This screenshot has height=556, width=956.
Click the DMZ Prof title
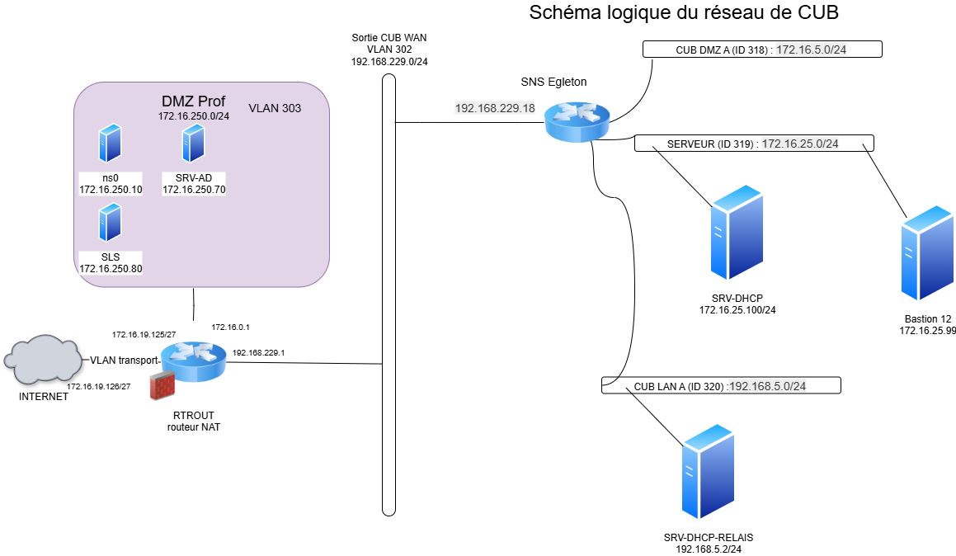pyautogui.click(x=193, y=101)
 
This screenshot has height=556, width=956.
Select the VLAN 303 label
pyautogui.click(x=275, y=108)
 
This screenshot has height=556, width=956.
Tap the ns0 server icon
pyautogui.click(x=110, y=144)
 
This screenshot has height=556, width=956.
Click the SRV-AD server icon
pyautogui.click(x=193, y=144)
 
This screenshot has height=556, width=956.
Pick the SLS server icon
pyautogui.click(x=110, y=223)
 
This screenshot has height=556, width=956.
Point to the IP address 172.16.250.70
pyautogui.click(x=194, y=190)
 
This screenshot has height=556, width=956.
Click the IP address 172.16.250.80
pyautogui.click(x=111, y=269)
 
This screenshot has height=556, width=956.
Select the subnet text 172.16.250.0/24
pyautogui.click(x=194, y=116)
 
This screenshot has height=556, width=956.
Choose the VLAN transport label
pyautogui.click(x=124, y=360)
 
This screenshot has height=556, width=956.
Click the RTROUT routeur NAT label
pyautogui.click(x=194, y=422)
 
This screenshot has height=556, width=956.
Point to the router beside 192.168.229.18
pyautogui.click(x=577, y=121)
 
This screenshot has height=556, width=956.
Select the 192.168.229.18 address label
pyautogui.click(x=495, y=108)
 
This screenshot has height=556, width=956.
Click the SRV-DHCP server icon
pyautogui.click(x=737, y=233)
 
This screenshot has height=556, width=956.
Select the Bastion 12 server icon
pyautogui.click(x=928, y=253)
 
